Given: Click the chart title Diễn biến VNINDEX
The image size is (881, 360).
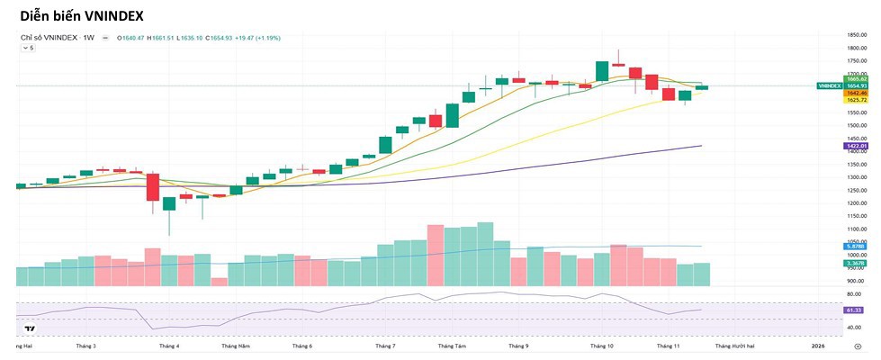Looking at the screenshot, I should click(x=81, y=16).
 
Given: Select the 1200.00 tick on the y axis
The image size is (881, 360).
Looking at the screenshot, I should click(x=856, y=203).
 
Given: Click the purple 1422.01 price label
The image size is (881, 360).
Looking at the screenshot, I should click(x=856, y=146).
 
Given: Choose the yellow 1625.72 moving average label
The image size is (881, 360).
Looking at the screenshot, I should click(x=856, y=99).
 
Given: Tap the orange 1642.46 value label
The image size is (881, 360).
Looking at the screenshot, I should click(x=856, y=93).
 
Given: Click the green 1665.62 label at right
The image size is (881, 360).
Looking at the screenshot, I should click(x=856, y=79).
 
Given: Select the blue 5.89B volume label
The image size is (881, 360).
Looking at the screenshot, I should click(x=854, y=247).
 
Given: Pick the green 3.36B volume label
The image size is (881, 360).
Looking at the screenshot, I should click(x=854, y=264).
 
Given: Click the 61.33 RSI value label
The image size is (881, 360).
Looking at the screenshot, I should click(x=854, y=310).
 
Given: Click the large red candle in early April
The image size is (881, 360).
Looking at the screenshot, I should click(x=152, y=187).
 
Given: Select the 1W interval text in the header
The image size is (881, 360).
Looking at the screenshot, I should click(x=89, y=38).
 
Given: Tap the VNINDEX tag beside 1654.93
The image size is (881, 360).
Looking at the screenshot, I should click(x=829, y=85).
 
